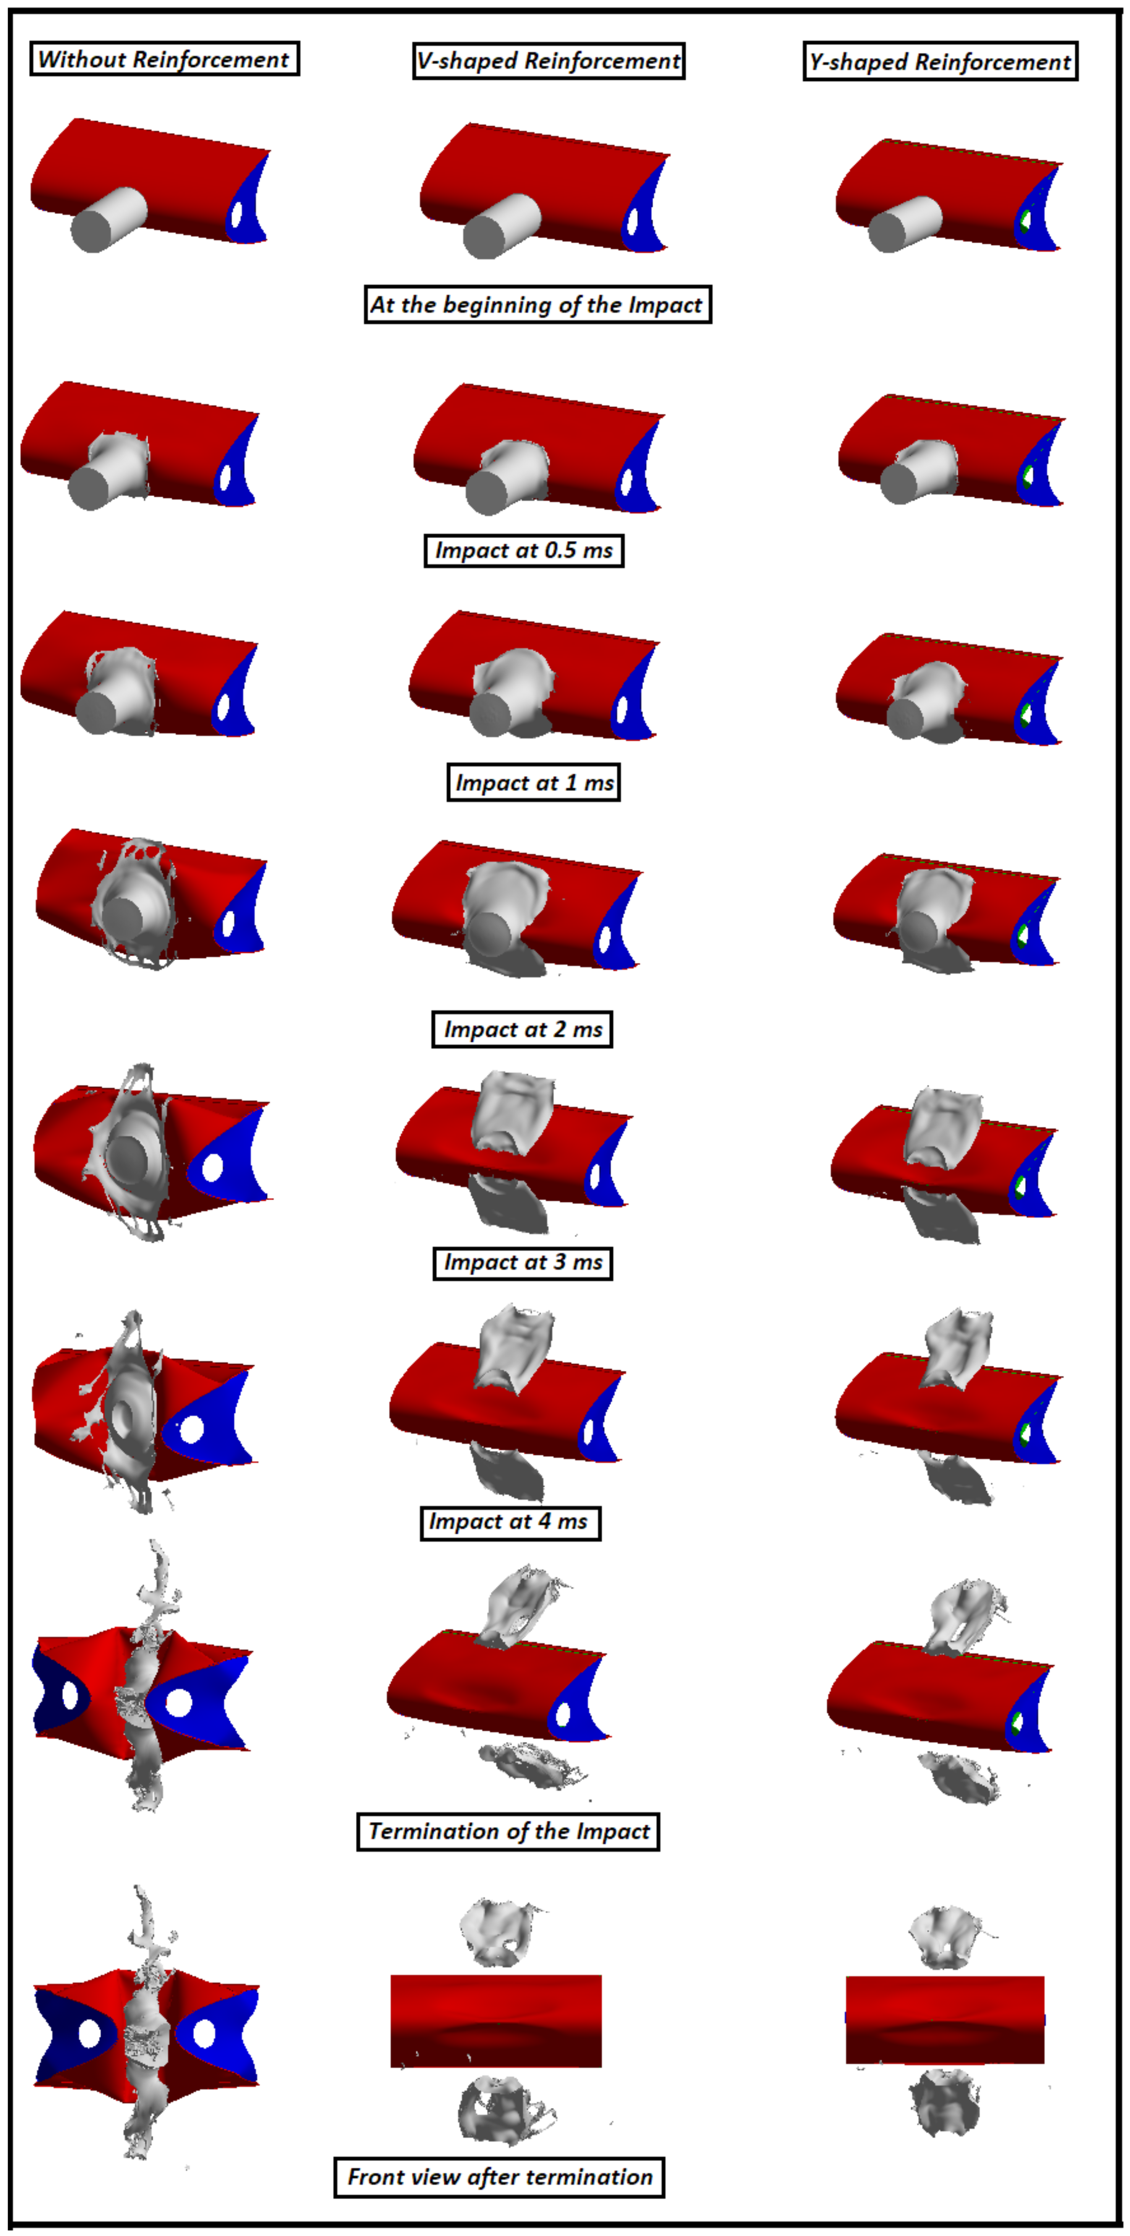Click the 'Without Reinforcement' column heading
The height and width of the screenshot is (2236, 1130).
164,59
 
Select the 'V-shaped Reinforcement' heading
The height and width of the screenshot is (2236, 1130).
549,61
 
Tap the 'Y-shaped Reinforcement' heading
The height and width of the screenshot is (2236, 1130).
941,62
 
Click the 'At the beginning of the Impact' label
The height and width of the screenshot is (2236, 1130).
538,305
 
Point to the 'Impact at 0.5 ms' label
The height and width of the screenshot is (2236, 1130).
524,550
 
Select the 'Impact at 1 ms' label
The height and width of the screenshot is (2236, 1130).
533,782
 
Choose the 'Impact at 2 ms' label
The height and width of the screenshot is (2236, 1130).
522,1030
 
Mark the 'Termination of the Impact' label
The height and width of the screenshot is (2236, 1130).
508,1831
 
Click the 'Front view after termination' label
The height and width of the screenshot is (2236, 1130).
500,2177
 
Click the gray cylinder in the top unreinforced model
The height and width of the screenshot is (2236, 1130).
108,220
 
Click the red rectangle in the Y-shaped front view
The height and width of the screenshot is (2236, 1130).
945,2020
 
